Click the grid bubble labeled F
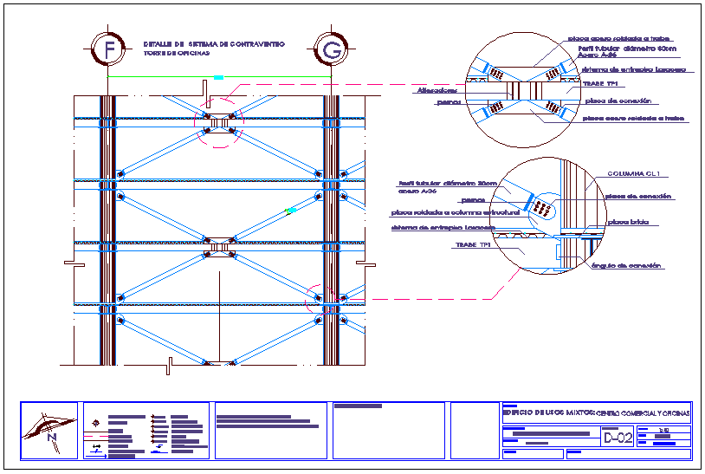[109, 50]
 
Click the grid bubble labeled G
[331, 50]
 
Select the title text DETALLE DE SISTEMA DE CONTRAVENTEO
[213, 43]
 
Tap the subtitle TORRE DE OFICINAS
[177, 54]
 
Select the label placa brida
[625, 223]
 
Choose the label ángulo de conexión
[627, 265]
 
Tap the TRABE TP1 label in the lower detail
[473, 245]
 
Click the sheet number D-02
[618, 438]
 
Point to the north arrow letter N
[51, 438]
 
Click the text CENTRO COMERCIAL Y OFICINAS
[644, 413]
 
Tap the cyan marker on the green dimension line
[218, 78]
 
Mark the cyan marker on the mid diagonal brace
[292, 210]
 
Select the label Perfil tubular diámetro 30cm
[448, 184]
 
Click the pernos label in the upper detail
[448, 102]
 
